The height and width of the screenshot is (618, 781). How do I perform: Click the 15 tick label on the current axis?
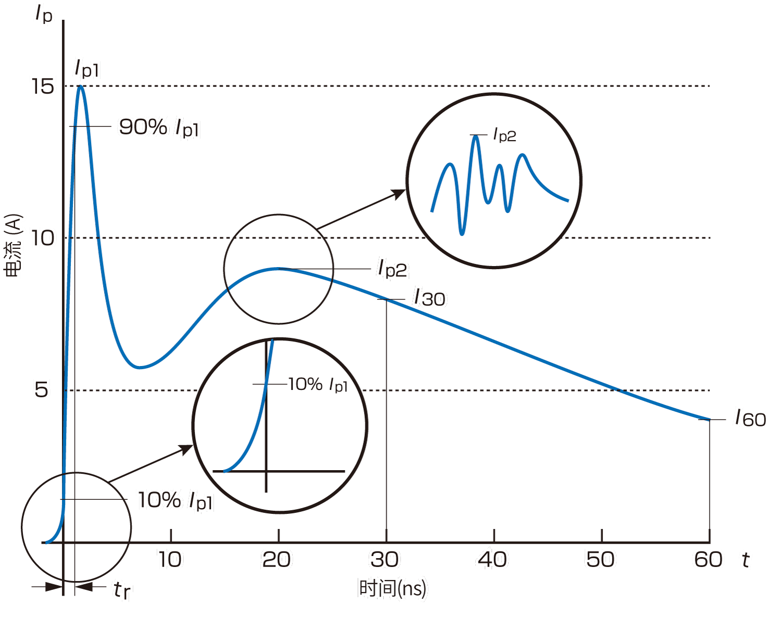[x=43, y=86]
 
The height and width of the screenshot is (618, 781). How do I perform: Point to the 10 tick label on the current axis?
[x=43, y=238]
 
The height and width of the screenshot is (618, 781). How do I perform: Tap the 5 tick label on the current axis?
[x=41, y=389]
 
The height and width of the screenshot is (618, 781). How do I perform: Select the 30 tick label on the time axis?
[x=385, y=560]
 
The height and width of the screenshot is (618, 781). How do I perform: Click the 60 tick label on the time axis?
[x=708, y=560]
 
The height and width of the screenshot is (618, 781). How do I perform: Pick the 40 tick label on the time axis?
[x=493, y=560]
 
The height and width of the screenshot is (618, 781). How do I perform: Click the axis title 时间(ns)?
[x=392, y=588]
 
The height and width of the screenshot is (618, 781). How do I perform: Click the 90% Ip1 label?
[x=159, y=127]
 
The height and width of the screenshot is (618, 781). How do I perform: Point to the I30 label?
[x=429, y=298]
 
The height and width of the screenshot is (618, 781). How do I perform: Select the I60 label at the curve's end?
[x=750, y=418]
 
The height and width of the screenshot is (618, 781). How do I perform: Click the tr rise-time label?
[x=122, y=590]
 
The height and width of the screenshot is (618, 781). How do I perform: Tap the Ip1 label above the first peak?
[x=86, y=68]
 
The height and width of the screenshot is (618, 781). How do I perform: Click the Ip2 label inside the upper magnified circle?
[x=505, y=135]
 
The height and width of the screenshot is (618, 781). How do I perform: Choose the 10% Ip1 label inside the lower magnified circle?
[x=318, y=385]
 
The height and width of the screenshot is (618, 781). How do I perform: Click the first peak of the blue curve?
[x=81, y=86]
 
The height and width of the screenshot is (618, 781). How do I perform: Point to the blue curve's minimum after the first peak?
[x=139, y=367]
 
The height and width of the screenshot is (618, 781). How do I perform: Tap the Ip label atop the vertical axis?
[x=44, y=14]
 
